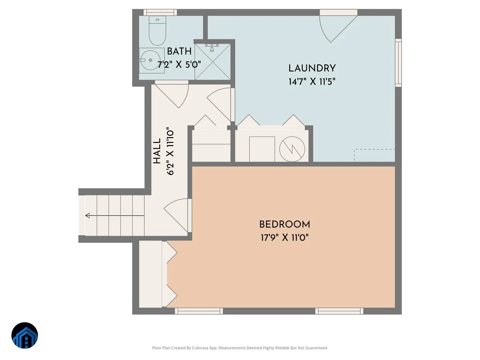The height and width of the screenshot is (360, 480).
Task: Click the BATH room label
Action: coord(179,52)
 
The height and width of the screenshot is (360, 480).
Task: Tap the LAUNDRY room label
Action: coord(312,68)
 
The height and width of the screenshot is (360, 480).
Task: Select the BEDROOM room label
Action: coord(284,224)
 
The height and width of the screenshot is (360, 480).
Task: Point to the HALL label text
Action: coord(157,151)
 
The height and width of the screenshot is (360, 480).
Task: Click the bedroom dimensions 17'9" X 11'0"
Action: coord(284,238)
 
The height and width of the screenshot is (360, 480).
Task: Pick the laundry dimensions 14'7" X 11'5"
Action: coord(312,82)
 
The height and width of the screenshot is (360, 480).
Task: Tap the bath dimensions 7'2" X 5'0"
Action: coord(179,65)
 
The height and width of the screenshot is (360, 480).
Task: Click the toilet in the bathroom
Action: coord(158,31)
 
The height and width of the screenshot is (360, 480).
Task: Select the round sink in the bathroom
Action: coord(151,60)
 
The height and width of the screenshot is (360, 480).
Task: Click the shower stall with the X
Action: coord(212,62)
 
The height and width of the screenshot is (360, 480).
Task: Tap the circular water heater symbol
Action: coord(292,149)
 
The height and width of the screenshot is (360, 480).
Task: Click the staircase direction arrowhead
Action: coord(88,216)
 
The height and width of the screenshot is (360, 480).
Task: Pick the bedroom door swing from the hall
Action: coord(178,215)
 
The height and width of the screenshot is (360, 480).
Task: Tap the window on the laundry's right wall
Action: coord(398,63)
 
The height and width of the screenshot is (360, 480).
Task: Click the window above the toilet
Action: coord(160,12)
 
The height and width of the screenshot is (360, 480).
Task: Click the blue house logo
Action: coord(25,335)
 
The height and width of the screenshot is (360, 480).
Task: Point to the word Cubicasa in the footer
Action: coord(200,348)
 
